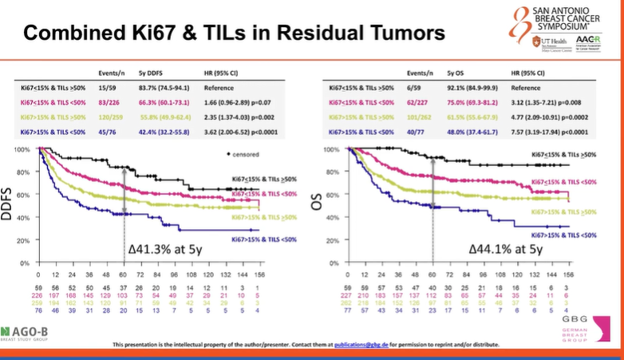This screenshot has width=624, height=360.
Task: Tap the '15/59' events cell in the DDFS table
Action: [x=109, y=88]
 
